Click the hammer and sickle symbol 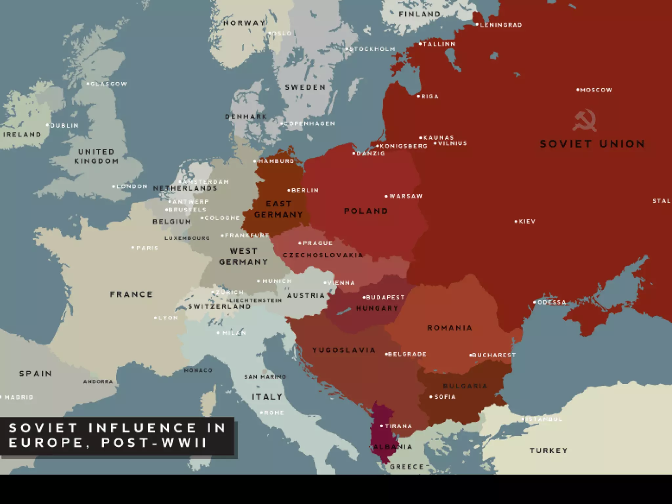(x=584, y=120)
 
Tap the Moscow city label (x=596, y=90)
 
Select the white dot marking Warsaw (x=386, y=197)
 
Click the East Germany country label (x=279, y=209)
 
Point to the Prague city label (x=317, y=243)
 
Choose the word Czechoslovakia (x=323, y=255)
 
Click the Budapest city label (x=385, y=297)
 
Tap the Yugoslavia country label (x=344, y=350)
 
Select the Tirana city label (x=398, y=426)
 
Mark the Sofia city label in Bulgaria (x=445, y=397)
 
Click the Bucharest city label (x=494, y=355)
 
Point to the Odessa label (x=552, y=302)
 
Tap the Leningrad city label (x=501, y=25)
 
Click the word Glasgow (x=109, y=84)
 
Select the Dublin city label (x=64, y=125)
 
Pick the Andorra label (x=98, y=382)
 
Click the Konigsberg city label (x=403, y=146)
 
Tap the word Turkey (x=548, y=451)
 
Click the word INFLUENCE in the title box (x=142, y=428)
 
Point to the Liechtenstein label (x=256, y=300)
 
